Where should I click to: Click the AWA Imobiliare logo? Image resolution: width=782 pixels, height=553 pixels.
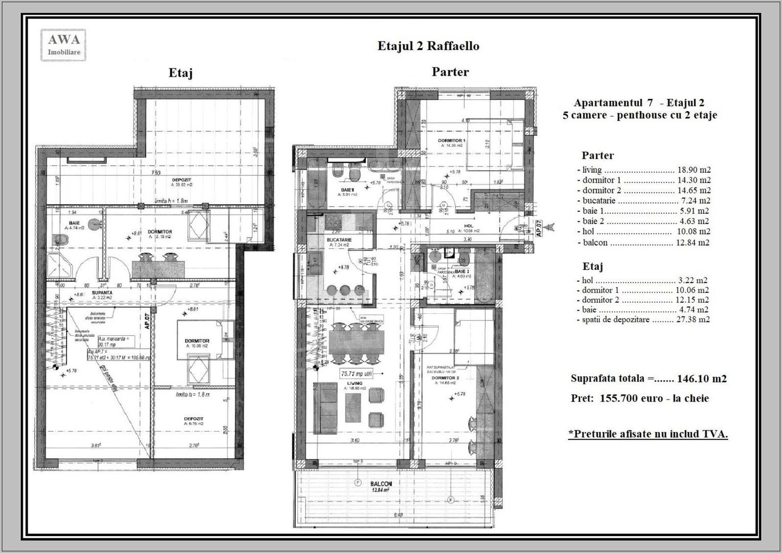click(x=63, y=45)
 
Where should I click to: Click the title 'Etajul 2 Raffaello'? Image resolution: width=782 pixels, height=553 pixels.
click(x=428, y=46)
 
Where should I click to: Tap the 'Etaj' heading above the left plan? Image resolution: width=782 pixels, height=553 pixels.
click(x=180, y=73)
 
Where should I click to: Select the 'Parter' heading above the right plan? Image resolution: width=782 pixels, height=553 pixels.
click(x=450, y=72)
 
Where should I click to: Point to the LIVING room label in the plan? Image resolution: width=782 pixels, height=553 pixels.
click(x=354, y=383)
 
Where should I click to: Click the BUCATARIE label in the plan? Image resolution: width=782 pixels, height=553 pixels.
click(x=339, y=239)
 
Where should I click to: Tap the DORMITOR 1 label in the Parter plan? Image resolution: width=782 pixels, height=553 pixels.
click(x=451, y=140)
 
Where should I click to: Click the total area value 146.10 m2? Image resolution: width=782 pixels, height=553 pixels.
click(x=701, y=379)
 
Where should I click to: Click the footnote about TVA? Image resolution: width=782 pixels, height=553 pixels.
click(x=648, y=434)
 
